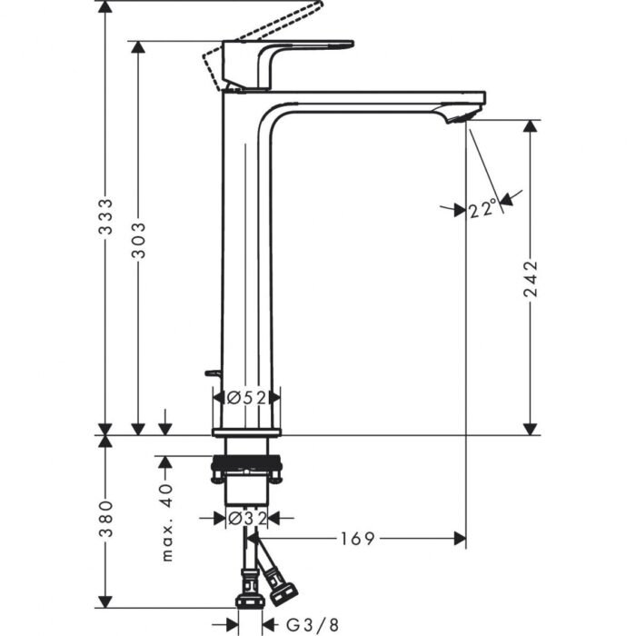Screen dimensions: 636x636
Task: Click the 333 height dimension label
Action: click(105, 218)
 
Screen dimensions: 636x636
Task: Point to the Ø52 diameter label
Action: click(246, 397)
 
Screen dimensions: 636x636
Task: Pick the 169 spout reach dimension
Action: click(359, 539)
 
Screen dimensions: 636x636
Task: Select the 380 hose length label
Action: click(105, 518)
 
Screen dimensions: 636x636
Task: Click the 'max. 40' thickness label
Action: click(164, 522)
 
